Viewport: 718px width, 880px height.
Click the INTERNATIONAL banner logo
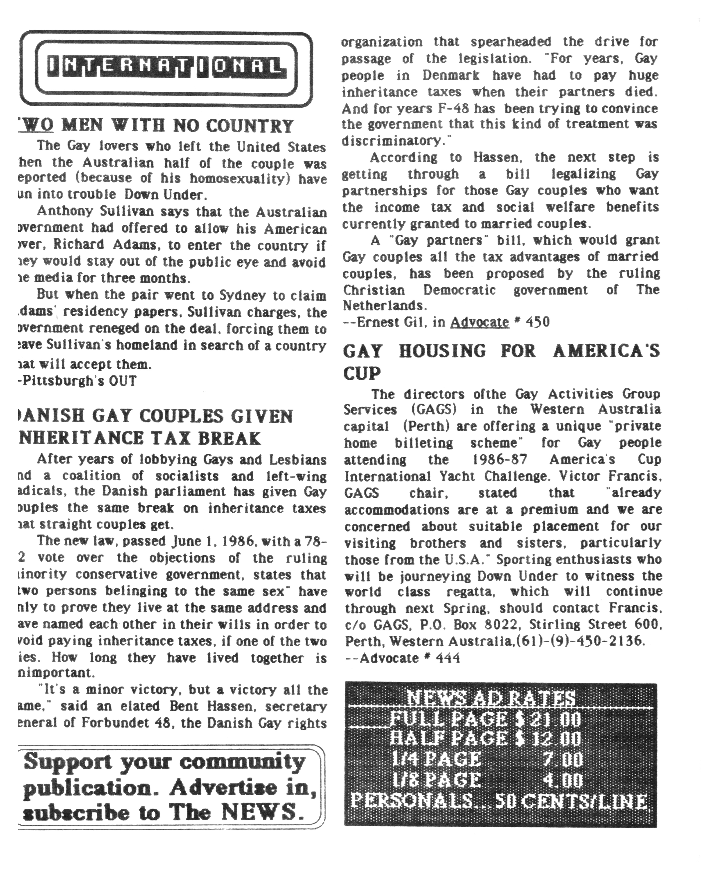(166, 68)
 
